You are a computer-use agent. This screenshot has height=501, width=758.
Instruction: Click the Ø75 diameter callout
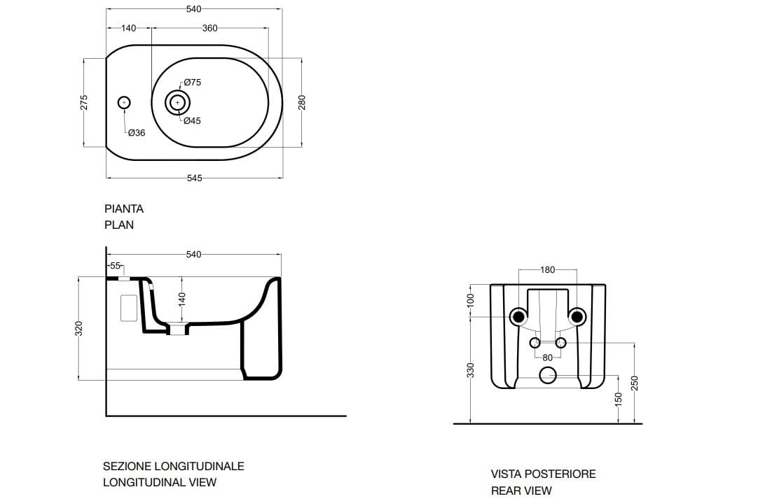193,83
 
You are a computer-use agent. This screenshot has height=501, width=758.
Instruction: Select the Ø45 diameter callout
193,121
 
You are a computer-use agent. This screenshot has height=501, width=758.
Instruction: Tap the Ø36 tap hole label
137,133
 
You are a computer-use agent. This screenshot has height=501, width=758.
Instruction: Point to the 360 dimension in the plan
209,28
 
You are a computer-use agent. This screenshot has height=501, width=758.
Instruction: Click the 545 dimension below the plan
194,178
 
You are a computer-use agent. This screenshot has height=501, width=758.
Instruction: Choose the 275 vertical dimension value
84,103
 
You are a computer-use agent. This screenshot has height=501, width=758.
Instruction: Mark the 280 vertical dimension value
303,103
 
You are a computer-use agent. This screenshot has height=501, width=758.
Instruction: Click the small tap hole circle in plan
124,103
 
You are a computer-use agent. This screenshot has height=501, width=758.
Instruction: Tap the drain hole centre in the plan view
177,103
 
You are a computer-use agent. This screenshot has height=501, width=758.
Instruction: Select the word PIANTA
124,209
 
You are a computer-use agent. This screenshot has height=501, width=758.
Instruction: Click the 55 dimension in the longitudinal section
116,266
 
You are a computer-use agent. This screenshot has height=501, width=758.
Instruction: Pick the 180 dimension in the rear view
548,270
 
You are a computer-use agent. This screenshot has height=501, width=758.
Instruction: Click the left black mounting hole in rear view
519,317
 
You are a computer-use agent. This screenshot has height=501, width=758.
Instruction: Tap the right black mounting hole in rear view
577,317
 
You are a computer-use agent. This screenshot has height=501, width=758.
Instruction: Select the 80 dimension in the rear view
548,358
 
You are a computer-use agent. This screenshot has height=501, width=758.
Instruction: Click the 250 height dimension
635,383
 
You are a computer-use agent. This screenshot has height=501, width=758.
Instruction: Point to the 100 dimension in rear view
471,300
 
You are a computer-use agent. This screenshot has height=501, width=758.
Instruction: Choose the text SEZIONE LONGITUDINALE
174,466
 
